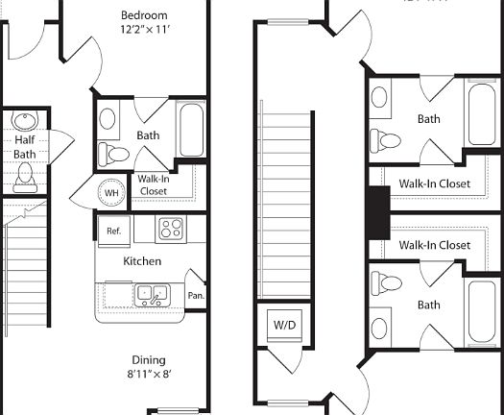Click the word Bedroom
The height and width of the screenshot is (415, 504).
point(144,15)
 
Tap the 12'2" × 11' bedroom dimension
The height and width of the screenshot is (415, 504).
point(144,31)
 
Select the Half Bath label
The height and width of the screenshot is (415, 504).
point(25,147)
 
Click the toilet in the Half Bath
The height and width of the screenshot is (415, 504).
point(25,177)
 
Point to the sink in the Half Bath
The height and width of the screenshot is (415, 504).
point(25,122)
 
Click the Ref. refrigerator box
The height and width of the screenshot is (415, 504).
point(113,231)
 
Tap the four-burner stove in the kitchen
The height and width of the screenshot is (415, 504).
point(171,229)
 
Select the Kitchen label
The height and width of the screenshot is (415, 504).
point(142,261)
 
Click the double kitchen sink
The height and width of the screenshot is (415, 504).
point(151,293)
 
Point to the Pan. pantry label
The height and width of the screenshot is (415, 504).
point(196,296)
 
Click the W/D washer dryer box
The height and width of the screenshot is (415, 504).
point(285,326)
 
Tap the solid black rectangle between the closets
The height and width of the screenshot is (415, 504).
point(377,212)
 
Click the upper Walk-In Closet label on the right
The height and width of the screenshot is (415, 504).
point(434,183)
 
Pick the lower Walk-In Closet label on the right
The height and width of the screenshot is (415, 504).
point(434,245)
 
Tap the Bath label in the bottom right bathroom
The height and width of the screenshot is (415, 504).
point(429,305)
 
